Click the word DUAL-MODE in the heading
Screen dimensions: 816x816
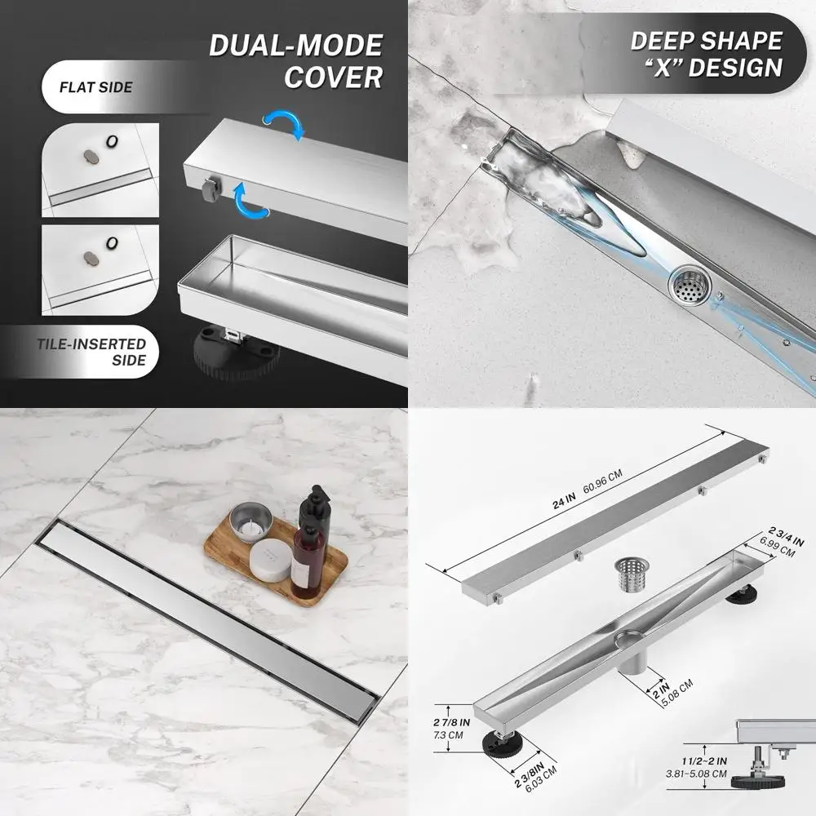point(295,45)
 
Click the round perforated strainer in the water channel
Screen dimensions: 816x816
point(691,287)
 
